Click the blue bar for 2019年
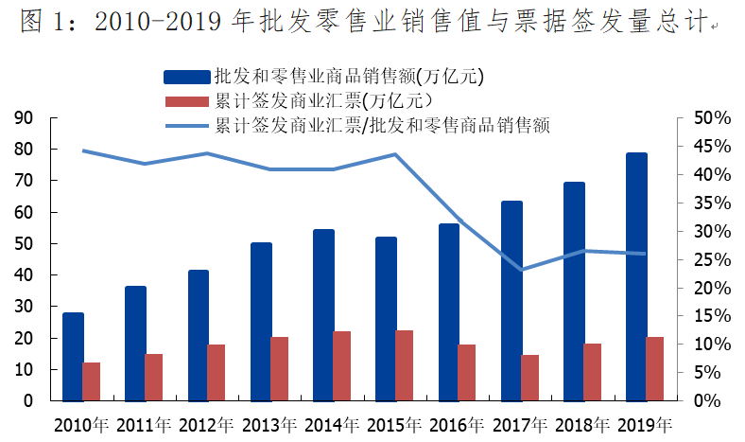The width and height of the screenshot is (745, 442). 636,276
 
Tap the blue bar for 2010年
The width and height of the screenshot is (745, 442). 73,356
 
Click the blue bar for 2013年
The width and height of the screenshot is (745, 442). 261,322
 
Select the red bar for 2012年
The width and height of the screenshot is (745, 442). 217,372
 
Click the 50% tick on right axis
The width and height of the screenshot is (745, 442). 704,117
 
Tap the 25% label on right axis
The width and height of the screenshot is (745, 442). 704,259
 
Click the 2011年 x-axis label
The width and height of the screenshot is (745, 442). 145,424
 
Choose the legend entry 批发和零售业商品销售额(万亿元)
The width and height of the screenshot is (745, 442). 349,76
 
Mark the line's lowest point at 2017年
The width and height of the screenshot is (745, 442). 521,270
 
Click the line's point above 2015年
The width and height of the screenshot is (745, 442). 395,154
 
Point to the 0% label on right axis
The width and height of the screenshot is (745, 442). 708,401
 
